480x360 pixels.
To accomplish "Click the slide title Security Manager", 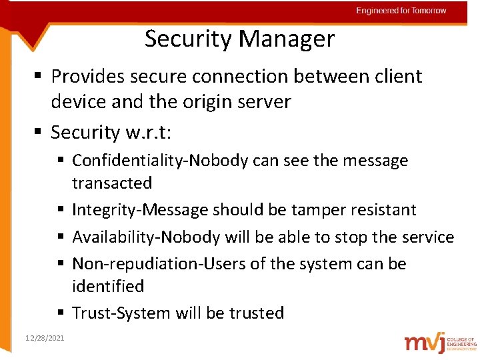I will [x=239, y=39].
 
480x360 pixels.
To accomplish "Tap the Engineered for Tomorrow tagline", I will [x=401, y=11].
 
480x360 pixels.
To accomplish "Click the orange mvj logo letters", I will [x=427, y=342].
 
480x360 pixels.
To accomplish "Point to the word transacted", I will [x=112, y=183].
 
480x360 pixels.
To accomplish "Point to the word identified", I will [x=108, y=286].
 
